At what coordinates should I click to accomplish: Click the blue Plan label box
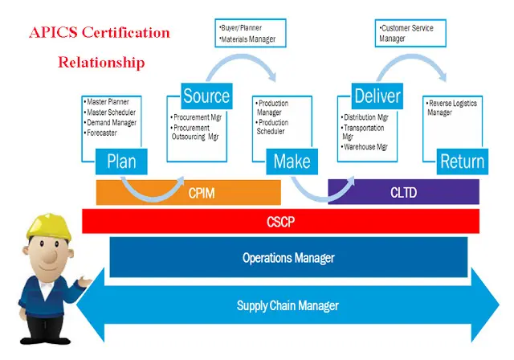click(x=121, y=162)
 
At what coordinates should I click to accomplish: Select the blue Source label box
click(x=206, y=96)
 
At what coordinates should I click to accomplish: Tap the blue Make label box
click(x=292, y=162)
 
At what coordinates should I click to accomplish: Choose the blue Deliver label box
click(x=377, y=96)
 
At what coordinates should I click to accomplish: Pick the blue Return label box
click(x=463, y=162)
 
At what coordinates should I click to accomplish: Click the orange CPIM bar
click(x=188, y=192)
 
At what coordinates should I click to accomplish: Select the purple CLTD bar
click(x=403, y=192)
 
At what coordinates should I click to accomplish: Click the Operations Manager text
click(x=288, y=258)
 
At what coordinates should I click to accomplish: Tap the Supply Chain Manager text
click(x=288, y=305)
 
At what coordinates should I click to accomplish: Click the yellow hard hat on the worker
click(x=47, y=223)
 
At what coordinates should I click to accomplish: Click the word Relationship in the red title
click(x=101, y=62)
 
